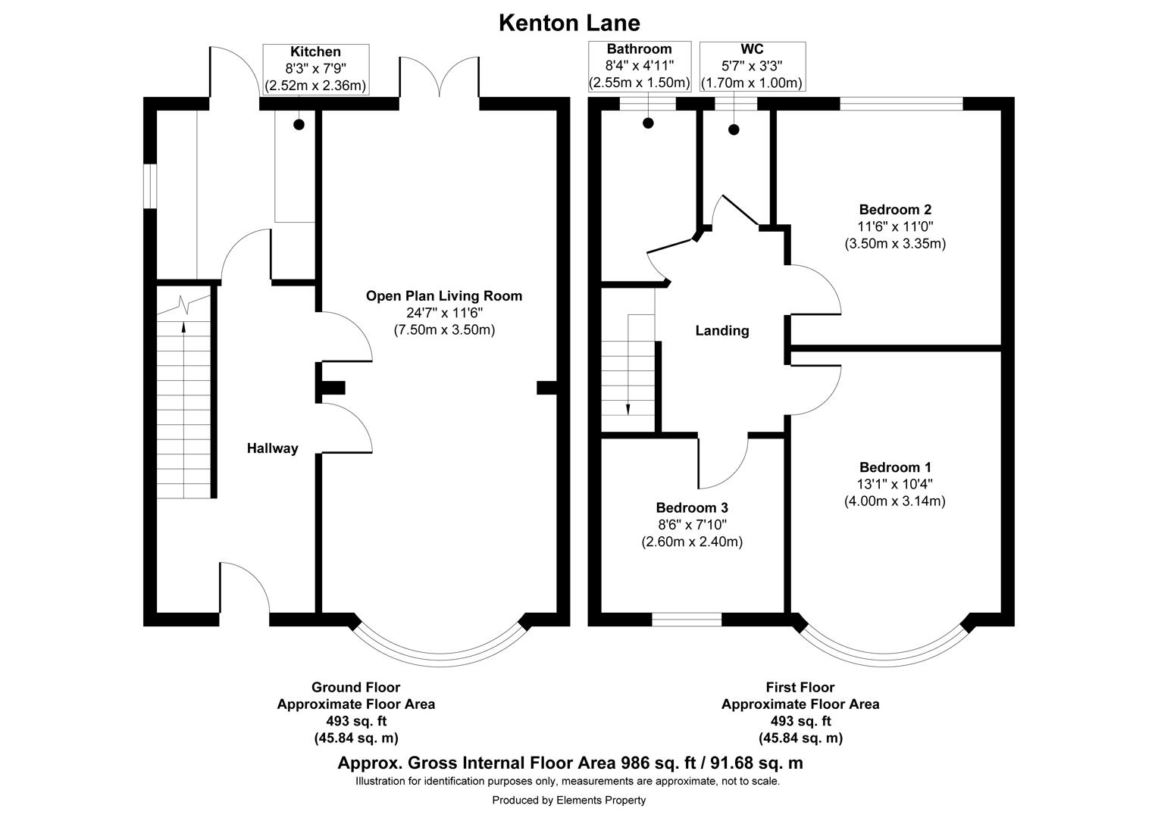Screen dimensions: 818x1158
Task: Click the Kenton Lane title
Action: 569,23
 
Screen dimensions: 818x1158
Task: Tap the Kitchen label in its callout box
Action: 315,52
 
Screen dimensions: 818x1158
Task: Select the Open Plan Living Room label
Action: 444,295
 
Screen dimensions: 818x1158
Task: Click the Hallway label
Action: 272,448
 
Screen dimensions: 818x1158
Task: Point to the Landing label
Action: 721,330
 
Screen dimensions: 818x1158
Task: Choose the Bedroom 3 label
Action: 691,507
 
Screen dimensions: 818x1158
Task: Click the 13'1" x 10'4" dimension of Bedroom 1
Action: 895,485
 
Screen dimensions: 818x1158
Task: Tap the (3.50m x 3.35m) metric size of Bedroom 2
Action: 895,243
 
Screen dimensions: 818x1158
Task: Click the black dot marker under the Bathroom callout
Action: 648,123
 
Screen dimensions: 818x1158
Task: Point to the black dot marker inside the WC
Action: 734,130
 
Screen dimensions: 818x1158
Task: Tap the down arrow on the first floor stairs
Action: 628,409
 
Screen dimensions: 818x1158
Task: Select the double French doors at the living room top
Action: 440,78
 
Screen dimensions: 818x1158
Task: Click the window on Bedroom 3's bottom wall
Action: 687,620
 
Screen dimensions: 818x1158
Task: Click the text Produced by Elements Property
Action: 568,800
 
